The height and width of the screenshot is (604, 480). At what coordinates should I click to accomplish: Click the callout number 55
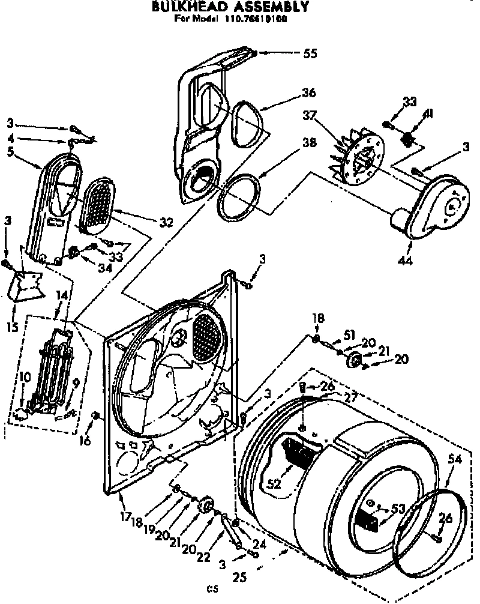click(x=310, y=53)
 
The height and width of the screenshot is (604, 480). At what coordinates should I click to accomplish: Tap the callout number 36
click(x=309, y=93)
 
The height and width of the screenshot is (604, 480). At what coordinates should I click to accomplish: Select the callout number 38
click(x=308, y=144)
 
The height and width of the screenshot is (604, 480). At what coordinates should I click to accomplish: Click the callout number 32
click(x=166, y=222)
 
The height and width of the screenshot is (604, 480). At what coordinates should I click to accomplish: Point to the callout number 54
click(x=455, y=459)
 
